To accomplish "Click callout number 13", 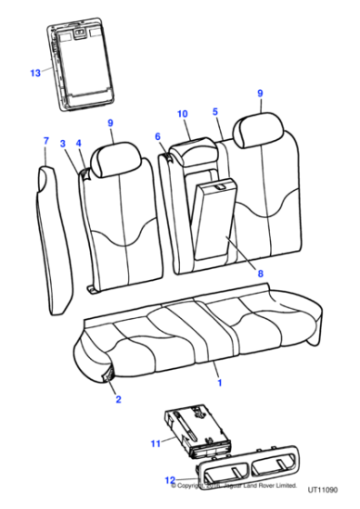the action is tap(35, 72).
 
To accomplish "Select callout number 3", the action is tap(64, 144).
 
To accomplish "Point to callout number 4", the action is tap(80, 144).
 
